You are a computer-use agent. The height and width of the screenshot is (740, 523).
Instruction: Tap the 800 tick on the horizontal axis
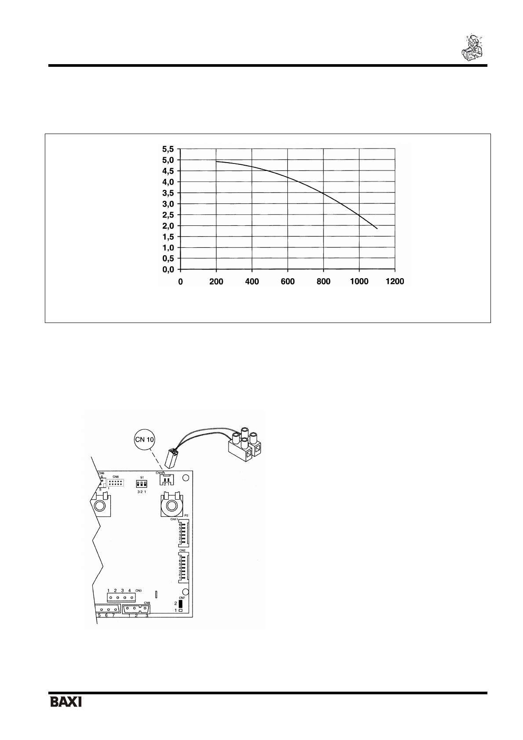pyautogui.click(x=323, y=282)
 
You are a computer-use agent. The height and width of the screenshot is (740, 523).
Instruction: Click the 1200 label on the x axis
pyautogui.click(x=395, y=282)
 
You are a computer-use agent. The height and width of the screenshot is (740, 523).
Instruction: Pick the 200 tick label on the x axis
pyautogui.click(x=216, y=282)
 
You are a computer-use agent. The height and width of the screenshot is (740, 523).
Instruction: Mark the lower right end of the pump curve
pyautogui.click(x=377, y=229)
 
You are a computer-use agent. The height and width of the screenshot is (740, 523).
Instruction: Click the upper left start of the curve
pyautogui.click(x=217, y=162)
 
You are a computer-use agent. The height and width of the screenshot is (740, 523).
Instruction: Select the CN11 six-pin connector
pyautogui.click(x=184, y=533)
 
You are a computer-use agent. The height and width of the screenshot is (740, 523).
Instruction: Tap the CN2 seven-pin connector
pyautogui.click(x=184, y=568)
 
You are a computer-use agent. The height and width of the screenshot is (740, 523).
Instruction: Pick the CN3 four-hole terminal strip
pyautogui.click(x=121, y=598)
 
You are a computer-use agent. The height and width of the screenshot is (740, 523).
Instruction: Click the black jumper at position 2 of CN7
pyautogui.click(x=181, y=604)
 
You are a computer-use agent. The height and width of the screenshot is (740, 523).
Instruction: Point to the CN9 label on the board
pyautogui.click(x=147, y=603)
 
